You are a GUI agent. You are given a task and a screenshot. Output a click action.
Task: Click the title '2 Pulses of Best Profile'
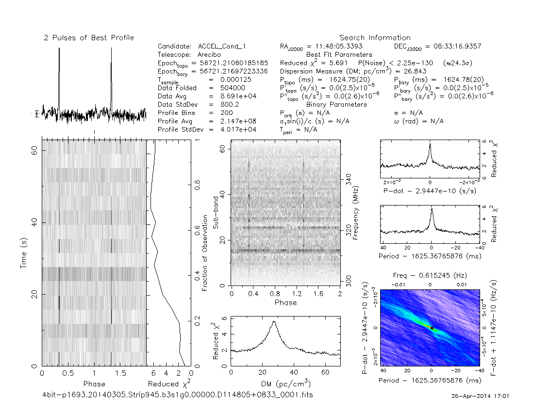(89, 38)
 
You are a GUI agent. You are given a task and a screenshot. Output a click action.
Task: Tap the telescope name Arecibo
(211, 55)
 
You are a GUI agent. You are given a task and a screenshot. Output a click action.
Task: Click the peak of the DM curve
(274, 321)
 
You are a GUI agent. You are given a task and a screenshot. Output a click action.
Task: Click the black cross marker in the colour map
(432, 328)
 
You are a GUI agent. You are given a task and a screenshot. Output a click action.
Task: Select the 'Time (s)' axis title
(25, 253)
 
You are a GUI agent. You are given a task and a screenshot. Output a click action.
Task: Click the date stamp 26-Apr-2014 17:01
(480, 396)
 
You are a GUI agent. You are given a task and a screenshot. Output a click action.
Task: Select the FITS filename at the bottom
(178, 395)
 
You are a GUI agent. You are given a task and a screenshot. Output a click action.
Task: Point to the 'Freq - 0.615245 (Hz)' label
(430, 275)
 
